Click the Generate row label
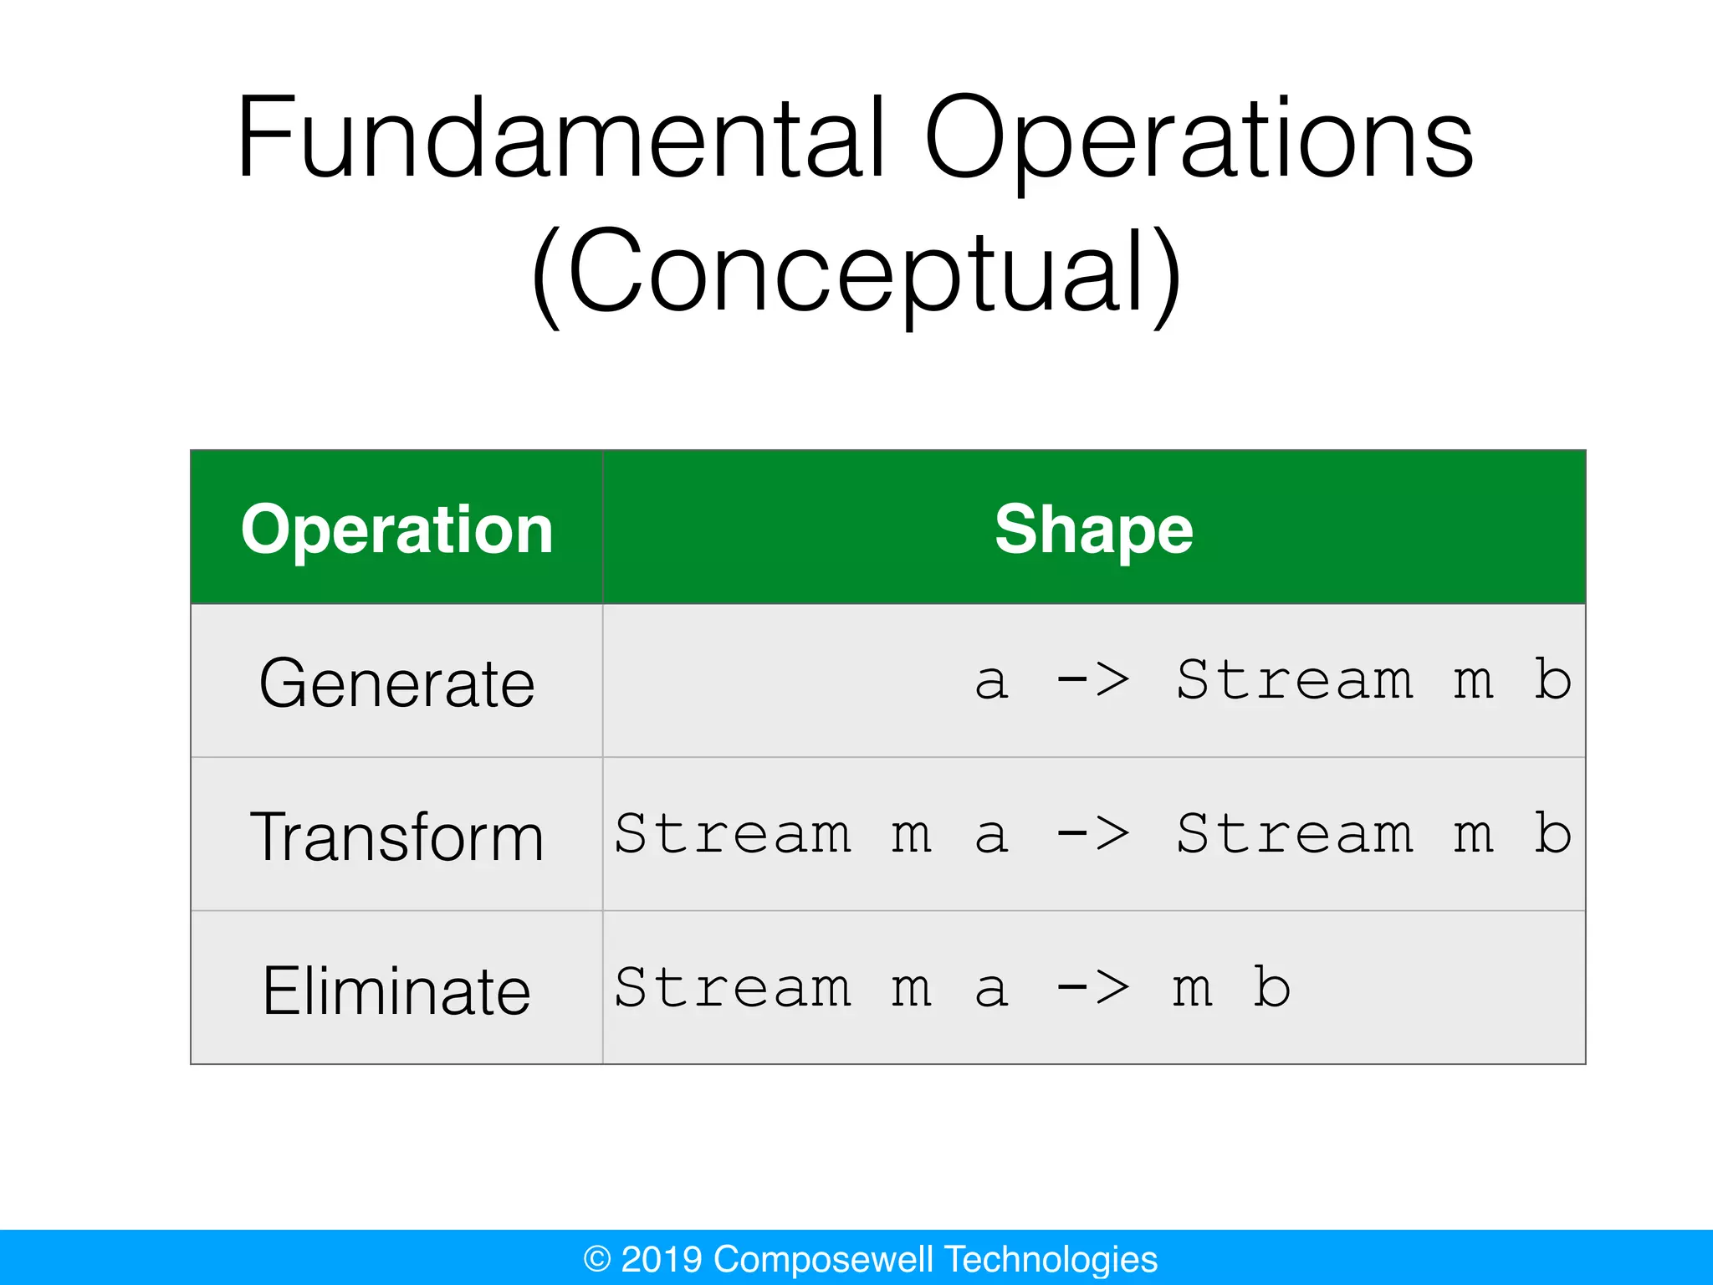click(x=396, y=683)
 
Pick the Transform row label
click(x=396, y=837)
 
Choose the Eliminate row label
click(x=396, y=991)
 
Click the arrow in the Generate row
click(x=1093, y=680)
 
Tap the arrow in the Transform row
click(x=1093, y=834)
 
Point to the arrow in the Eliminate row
click(x=1093, y=988)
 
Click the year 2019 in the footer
click(x=661, y=1259)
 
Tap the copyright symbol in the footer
click(x=596, y=1259)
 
